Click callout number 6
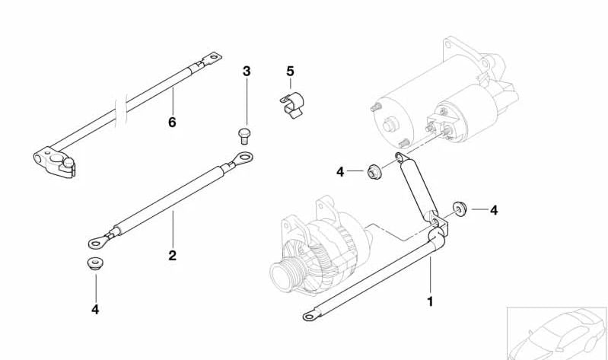(172, 122)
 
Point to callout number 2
(173, 255)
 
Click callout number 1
(430, 301)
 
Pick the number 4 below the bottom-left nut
(95, 309)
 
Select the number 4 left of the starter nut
(340, 172)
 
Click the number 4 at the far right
(494, 210)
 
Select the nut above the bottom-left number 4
(95, 265)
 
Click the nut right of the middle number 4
(374, 172)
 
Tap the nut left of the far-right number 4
(460, 209)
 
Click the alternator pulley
(282, 272)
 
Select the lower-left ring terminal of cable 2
(98, 243)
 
